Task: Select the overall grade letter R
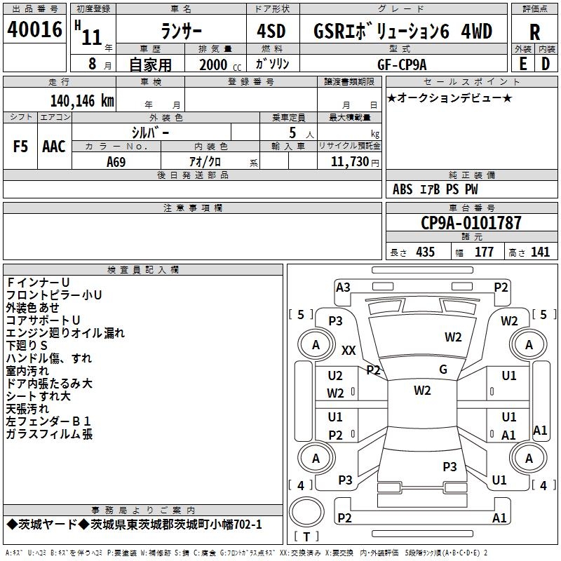pyautogui.click(x=534, y=32)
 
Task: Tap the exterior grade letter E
pyautogui.click(x=522, y=63)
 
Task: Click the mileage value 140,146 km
pyautogui.click(x=82, y=101)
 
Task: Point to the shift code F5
pyautogui.click(x=21, y=147)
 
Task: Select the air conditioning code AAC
pyautogui.click(x=54, y=147)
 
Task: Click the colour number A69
pyautogui.click(x=116, y=161)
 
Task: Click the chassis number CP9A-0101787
pyautogui.click(x=471, y=223)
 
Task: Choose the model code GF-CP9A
pyautogui.click(x=399, y=64)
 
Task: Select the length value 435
pyautogui.click(x=424, y=252)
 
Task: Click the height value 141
pyautogui.click(x=540, y=252)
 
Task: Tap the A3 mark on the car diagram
pyautogui.click(x=343, y=287)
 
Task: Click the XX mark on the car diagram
pyautogui.click(x=349, y=350)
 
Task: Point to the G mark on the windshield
pyautogui.click(x=443, y=370)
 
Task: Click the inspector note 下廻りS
pyautogui.click(x=27, y=346)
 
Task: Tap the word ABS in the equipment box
pyautogui.click(x=403, y=189)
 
